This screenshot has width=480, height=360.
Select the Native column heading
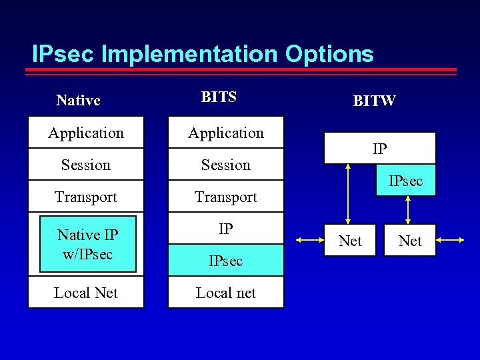(78, 100)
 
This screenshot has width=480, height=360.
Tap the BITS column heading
(219, 97)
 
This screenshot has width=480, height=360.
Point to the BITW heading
(374, 101)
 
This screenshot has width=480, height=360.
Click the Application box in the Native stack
(86, 133)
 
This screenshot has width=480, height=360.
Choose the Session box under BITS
(225, 165)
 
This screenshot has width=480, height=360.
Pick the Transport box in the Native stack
(86, 197)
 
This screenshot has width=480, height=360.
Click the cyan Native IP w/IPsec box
(87, 244)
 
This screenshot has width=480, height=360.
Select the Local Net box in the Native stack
(86, 293)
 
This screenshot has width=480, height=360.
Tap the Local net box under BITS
(225, 293)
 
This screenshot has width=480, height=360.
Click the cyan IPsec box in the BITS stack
(225, 261)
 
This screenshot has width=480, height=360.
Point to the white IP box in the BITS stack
(225, 229)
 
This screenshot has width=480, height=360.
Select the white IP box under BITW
(379, 148)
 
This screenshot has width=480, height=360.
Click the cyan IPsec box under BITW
(405, 181)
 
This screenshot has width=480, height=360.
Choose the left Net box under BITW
(350, 240)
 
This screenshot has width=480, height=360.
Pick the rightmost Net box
(410, 240)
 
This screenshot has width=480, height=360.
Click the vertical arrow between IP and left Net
(347, 193)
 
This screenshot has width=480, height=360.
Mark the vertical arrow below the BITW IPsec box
(407, 210)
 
